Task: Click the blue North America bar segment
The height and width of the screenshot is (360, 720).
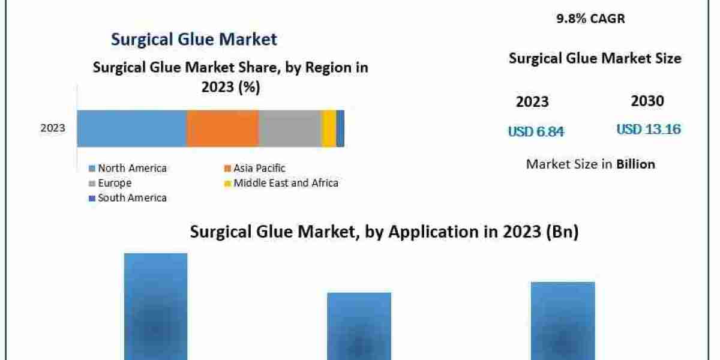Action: (x=131, y=128)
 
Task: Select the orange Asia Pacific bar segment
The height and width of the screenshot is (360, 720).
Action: (x=223, y=128)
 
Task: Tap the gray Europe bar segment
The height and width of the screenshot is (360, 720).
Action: (x=290, y=128)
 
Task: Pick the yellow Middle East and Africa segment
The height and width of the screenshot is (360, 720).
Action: (x=329, y=128)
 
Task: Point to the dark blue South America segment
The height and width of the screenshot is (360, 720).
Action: (x=340, y=128)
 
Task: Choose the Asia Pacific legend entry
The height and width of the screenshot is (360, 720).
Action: (x=254, y=168)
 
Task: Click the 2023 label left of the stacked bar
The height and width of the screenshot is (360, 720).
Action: (x=53, y=128)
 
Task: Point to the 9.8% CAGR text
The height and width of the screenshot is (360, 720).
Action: (x=590, y=19)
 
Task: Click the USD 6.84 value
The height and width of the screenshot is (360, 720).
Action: (x=536, y=131)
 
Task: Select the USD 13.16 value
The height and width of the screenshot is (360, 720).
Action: (x=648, y=129)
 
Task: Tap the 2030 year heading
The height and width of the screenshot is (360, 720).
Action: (x=647, y=101)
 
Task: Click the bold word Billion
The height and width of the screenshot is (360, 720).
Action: (x=635, y=164)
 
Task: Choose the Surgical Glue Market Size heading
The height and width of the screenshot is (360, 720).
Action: (x=595, y=58)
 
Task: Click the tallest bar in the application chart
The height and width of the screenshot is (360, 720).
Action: (x=155, y=306)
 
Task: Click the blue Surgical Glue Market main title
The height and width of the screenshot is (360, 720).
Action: (x=194, y=40)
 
